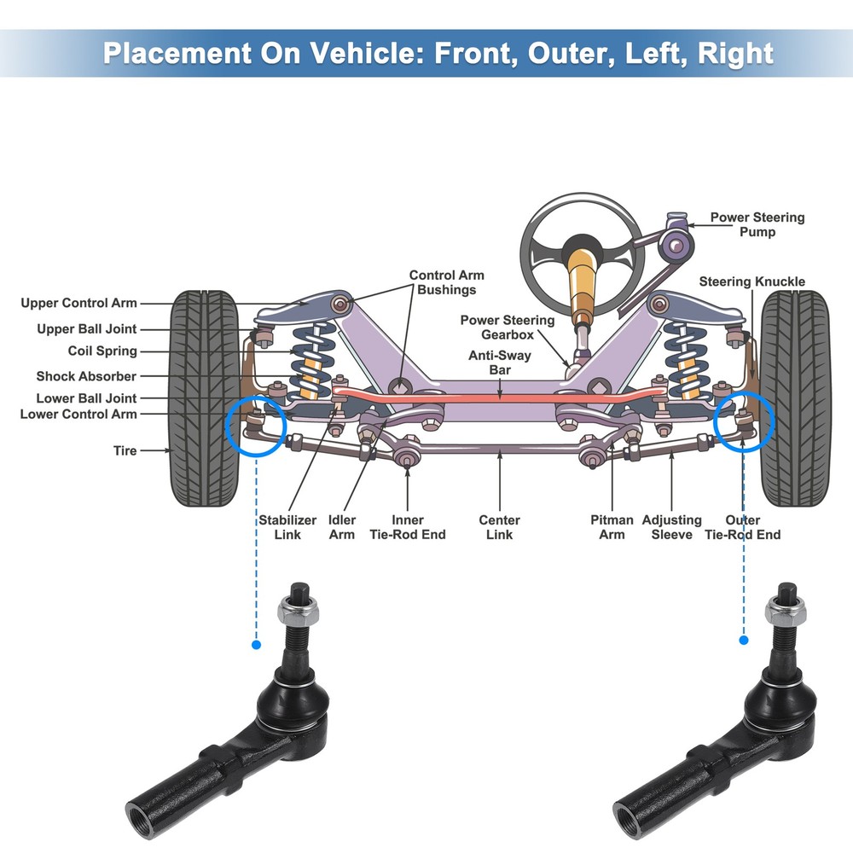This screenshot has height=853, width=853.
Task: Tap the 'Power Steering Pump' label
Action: [757, 224]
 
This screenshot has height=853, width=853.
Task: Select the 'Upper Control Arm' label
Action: [78, 303]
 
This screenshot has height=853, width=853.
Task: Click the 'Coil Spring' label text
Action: [102, 351]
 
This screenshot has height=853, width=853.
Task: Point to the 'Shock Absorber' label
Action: [86, 376]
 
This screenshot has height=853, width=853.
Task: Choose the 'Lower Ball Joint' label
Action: [86, 398]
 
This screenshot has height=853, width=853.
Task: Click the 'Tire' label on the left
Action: [125, 450]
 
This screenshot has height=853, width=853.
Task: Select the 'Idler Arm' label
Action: [342, 527]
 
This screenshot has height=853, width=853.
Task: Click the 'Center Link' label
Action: [499, 527]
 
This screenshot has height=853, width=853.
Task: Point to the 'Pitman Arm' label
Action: [612, 527]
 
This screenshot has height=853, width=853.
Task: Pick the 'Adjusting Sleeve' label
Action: [671, 527]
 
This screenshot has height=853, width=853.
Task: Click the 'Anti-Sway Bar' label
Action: [499, 363]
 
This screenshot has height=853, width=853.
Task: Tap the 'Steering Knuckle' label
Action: [751, 281]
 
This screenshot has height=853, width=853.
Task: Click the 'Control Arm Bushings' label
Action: [446, 282]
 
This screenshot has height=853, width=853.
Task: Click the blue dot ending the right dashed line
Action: [744, 639]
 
